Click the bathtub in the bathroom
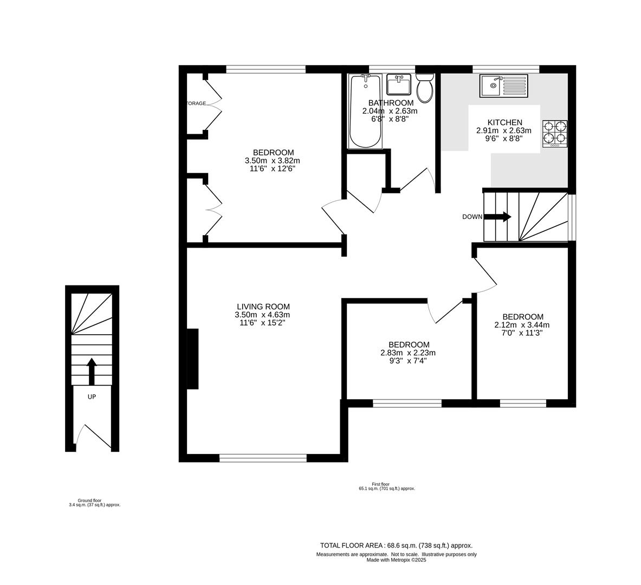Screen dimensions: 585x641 tap(366, 111)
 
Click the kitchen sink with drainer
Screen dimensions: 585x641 tap(503, 86)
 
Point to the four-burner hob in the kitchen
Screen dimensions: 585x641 tap(555, 133)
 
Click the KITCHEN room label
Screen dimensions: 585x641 tap(504, 122)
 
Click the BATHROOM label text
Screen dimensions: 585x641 tap(391, 103)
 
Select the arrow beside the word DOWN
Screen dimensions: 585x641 tap(497, 217)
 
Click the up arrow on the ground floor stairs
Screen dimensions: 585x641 tap(92, 371)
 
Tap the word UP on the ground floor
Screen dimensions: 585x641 tap(92, 396)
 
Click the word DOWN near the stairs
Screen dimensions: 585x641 tap(472, 217)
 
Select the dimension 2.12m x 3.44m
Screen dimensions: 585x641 tap(522, 325)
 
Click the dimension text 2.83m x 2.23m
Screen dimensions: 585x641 tap(409, 353)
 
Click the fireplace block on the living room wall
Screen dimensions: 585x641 tap(192, 359)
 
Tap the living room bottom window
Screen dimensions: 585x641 tap(263, 458)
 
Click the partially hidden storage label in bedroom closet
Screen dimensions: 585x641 tap(197, 103)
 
